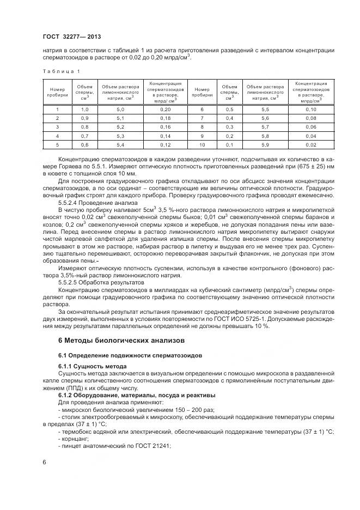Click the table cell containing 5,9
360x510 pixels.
click(265, 144)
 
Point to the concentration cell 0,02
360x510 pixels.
click(311, 144)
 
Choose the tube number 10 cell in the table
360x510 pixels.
click(202, 144)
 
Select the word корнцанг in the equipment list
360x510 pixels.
click(75, 438)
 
